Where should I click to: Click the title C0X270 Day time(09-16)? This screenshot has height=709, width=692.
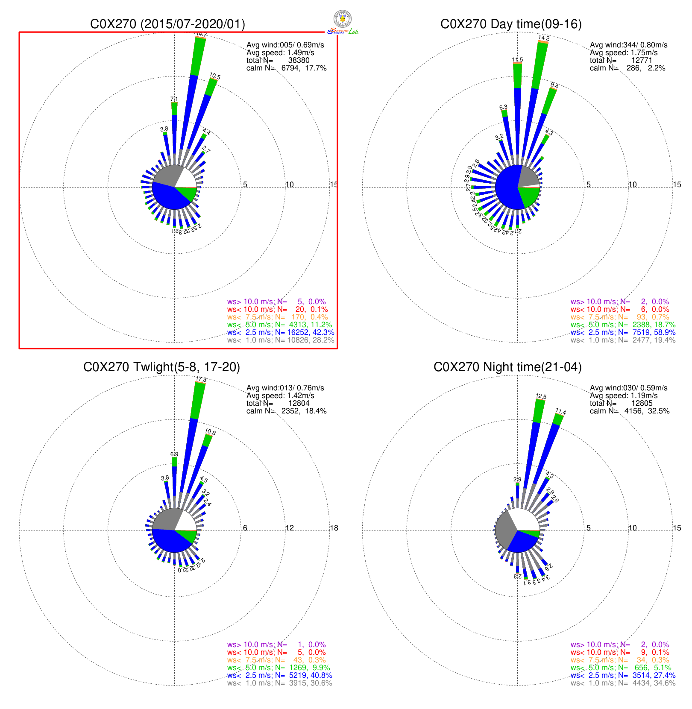pyautogui.click(x=511, y=24)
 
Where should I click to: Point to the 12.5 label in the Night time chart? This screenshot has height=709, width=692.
pyautogui.click(x=541, y=396)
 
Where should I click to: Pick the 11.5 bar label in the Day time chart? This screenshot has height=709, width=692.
pyautogui.click(x=517, y=60)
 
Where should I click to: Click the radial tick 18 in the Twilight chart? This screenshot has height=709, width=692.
pyautogui.click(x=334, y=528)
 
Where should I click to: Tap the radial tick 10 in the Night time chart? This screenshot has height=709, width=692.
pyautogui.click(x=633, y=528)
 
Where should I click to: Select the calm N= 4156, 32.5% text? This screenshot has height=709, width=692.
pyautogui.click(x=630, y=411)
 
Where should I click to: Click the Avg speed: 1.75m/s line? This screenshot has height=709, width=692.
pyautogui.click(x=624, y=53)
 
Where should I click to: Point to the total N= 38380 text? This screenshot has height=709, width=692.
pyautogui.click(x=278, y=60)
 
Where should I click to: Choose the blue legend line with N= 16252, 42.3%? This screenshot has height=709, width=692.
pyautogui.click(x=281, y=332)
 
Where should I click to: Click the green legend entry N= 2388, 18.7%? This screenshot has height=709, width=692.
pyautogui.click(x=623, y=325)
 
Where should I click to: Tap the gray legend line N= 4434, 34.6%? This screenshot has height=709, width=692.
pyautogui.click(x=623, y=683)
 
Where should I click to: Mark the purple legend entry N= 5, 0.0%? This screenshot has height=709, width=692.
pyautogui.click(x=276, y=302)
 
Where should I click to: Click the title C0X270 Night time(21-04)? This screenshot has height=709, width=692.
pyautogui.click(x=507, y=367)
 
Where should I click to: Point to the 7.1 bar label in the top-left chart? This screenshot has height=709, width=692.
pyautogui.click(x=174, y=99)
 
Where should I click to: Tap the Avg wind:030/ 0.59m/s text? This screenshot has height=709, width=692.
pyautogui.click(x=629, y=388)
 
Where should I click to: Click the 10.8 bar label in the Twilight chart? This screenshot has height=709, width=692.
pyautogui.click(x=211, y=432)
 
